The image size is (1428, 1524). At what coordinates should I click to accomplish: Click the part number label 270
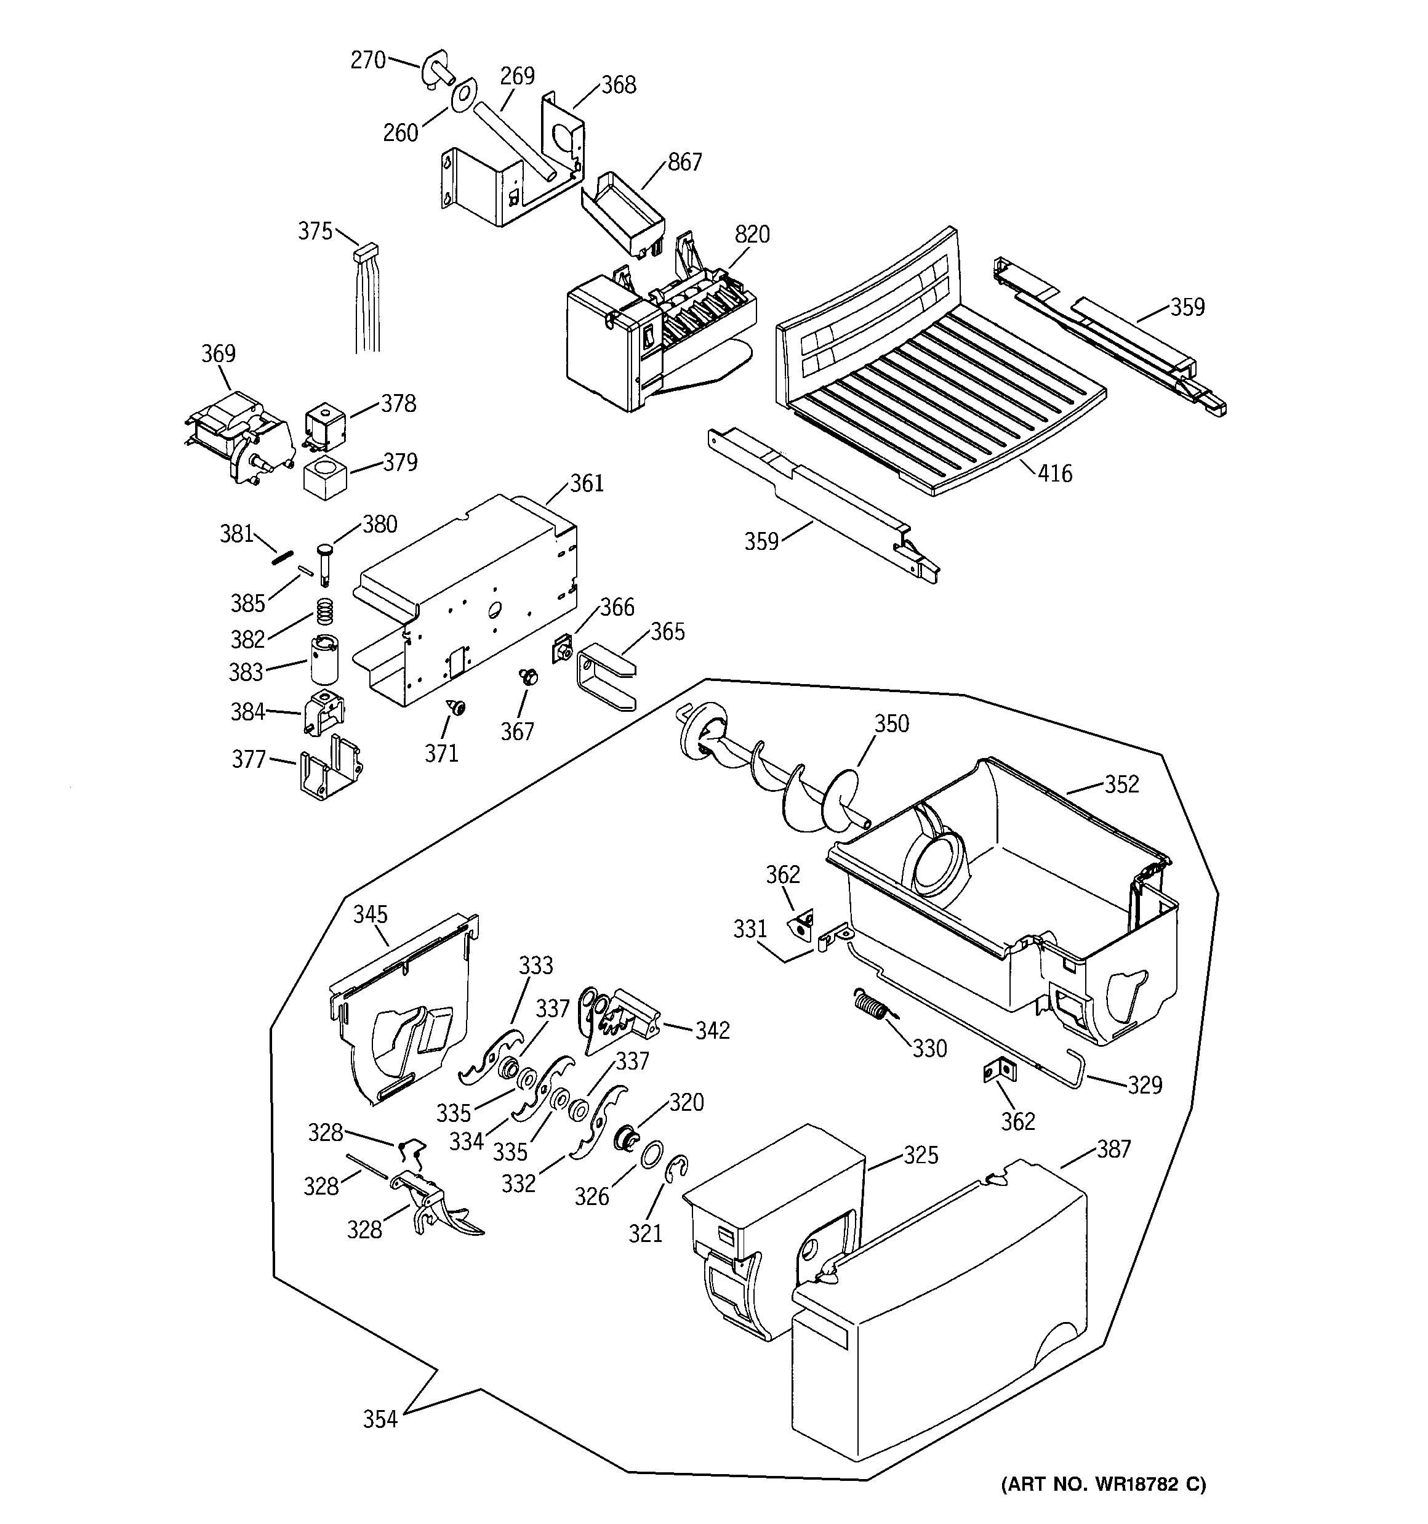click(x=368, y=60)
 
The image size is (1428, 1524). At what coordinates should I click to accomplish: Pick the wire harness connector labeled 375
click(x=368, y=251)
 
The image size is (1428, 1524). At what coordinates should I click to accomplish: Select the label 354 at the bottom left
click(x=380, y=1420)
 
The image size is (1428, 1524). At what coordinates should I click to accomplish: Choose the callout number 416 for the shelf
click(x=1055, y=474)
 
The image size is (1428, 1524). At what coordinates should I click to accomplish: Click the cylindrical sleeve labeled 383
click(x=324, y=658)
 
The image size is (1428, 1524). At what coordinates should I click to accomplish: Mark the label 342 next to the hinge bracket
click(x=712, y=1031)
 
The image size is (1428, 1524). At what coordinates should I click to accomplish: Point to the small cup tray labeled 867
click(x=622, y=211)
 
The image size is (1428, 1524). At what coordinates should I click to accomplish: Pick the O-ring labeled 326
click(x=651, y=1154)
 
